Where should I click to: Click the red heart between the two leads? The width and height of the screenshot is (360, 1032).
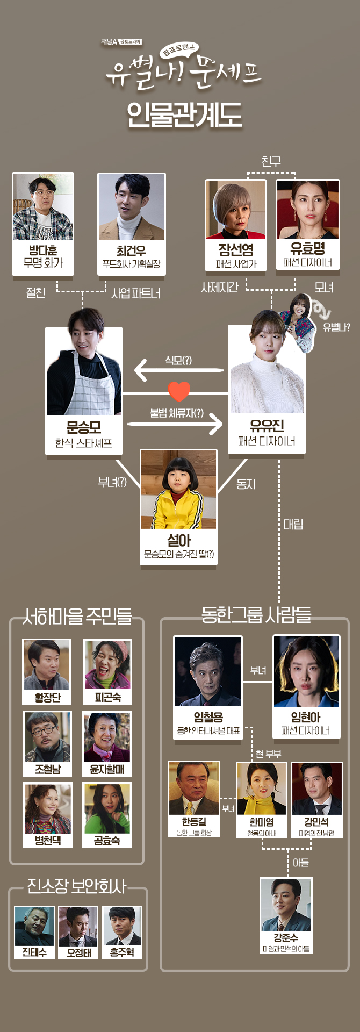point(179,391)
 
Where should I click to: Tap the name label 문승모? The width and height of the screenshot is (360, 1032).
point(83,427)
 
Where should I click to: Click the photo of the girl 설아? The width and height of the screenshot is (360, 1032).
point(179,490)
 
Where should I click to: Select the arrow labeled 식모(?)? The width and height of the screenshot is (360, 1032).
point(179,370)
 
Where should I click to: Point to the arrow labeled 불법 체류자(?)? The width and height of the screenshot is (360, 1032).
point(175,424)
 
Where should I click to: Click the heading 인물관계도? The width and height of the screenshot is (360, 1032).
point(184,114)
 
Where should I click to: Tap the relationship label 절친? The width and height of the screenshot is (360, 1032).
point(36,292)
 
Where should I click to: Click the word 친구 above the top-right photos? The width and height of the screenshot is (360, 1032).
point(271,161)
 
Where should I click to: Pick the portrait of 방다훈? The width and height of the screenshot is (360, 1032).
point(43,207)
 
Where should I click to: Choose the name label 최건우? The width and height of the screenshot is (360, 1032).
point(131,250)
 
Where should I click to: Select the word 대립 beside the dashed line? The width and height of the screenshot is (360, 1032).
point(293,524)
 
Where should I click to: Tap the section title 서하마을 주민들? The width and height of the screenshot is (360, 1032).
point(77,616)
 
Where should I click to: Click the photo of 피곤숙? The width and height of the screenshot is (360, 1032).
point(107,665)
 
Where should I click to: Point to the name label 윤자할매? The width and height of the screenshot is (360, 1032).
point(107,769)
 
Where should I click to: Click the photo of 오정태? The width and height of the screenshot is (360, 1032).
point(78,926)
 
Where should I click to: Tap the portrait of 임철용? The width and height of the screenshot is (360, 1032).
point(208,672)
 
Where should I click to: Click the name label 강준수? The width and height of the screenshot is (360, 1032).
point(286,937)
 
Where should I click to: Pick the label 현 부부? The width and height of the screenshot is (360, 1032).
point(269,754)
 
